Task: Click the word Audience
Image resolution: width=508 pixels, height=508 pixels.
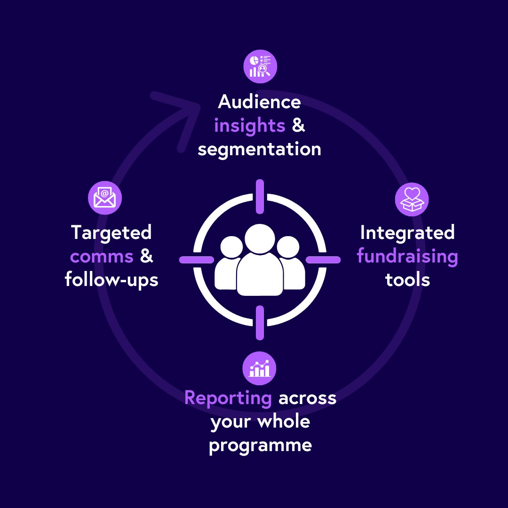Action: [259, 102]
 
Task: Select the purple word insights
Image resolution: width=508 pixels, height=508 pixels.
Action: [249, 126]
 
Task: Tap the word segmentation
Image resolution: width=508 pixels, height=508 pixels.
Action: [259, 150]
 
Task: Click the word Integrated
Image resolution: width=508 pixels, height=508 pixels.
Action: [407, 233]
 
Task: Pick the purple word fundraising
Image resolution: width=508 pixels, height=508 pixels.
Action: [407, 257]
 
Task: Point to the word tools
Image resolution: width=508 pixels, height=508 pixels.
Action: [407, 280]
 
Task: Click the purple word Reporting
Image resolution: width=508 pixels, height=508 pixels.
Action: [228, 398]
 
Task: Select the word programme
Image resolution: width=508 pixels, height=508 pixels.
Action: [260, 445]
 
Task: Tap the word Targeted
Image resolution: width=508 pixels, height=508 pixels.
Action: [111, 233]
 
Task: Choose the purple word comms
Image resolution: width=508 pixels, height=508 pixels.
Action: [102, 257]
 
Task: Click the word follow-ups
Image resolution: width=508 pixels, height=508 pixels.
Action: [111, 280]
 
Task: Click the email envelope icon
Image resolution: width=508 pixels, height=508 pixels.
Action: [105, 198]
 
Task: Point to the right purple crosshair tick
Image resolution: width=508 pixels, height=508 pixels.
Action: [323, 260]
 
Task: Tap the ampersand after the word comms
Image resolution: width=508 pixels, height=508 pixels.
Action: [147, 257]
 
